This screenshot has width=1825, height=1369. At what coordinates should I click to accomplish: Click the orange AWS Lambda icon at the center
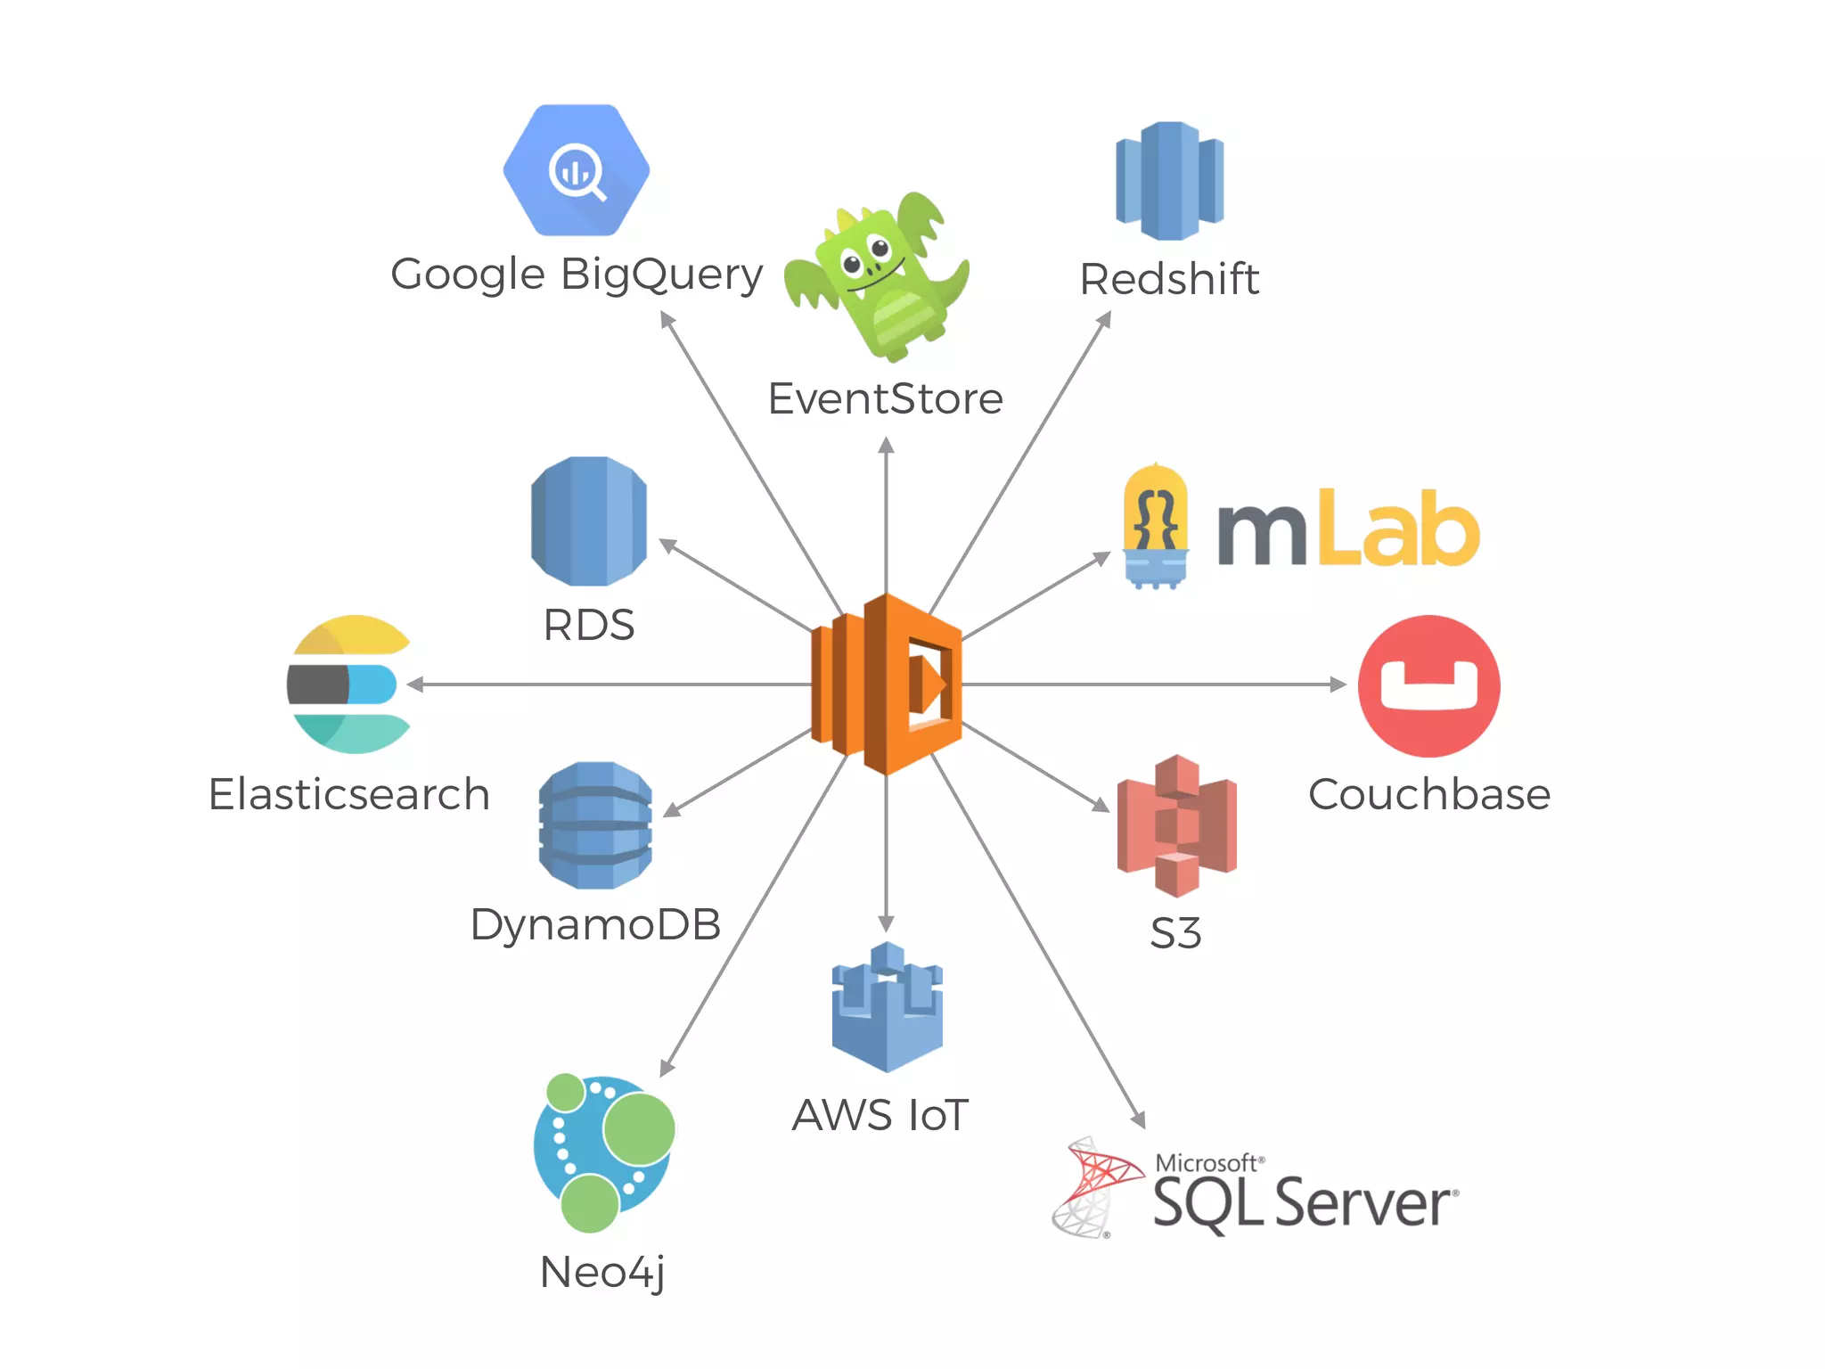pyautogui.click(x=887, y=684)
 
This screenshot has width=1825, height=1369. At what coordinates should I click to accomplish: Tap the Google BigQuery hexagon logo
pyautogui.click(x=577, y=170)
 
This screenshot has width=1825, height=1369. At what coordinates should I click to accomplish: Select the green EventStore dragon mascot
pyautogui.click(x=878, y=276)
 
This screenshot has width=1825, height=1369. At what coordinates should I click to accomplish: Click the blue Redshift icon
pyautogui.click(x=1169, y=181)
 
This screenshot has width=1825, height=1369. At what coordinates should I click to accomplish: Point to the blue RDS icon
pyautogui.click(x=588, y=521)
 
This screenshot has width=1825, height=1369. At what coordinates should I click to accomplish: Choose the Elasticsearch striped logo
pyautogui.click(x=348, y=684)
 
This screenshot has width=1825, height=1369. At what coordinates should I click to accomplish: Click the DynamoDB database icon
pyautogui.click(x=595, y=825)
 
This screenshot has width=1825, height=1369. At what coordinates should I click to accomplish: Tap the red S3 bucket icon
pyautogui.click(x=1176, y=825)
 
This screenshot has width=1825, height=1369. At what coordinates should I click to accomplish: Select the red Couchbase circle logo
pyautogui.click(x=1428, y=685)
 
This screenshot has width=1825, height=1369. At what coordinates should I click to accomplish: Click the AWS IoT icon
pyautogui.click(x=887, y=1007)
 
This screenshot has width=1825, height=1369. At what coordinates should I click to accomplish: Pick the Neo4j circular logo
pyautogui.click(x=603, y=1153)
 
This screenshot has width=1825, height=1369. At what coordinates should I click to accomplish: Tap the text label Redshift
pyautogui.click(x=1169, y=279)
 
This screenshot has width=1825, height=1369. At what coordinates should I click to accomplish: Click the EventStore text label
pyautogui.click(x=885, y=398)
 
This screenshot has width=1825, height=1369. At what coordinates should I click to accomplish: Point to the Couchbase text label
pyautogui.click(x=1428, y=794)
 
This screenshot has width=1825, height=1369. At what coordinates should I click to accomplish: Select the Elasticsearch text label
pyautogui.click(x=348, y=794)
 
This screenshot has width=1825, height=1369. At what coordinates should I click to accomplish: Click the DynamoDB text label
pyautogui.click(x=595, y=924)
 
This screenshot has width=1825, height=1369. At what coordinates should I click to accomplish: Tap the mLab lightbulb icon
pyautogui.click(x=1156, y=527)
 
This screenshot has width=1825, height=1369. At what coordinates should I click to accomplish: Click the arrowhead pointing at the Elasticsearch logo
pyautogui.click(x=414, y=684)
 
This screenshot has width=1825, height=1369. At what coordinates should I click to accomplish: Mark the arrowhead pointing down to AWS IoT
pyautogui.click(x=886, y=923)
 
